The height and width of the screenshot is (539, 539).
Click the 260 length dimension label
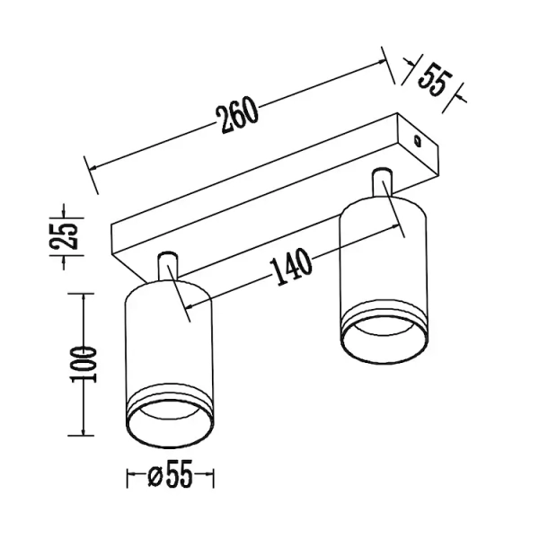237,114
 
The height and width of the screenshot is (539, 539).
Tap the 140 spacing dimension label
290,267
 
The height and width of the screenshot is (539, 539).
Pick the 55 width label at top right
434,79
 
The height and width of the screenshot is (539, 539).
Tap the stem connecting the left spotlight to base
167,268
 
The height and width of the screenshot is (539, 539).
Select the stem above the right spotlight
384,181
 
